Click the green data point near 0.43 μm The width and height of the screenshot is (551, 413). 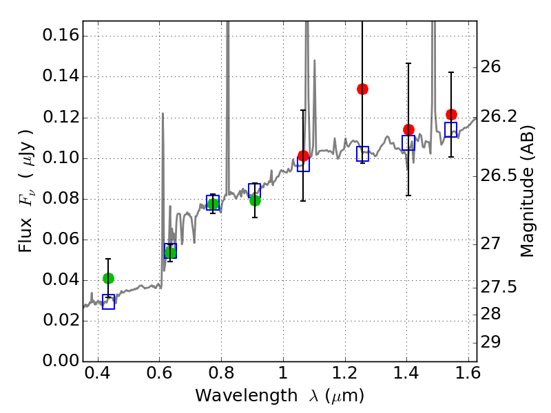108,278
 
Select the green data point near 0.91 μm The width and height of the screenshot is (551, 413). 255,200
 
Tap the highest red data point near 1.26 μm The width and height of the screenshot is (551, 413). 362,89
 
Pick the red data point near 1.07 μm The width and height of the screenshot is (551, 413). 303,156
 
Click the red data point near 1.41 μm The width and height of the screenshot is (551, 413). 408,129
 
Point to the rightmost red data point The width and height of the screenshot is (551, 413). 451,114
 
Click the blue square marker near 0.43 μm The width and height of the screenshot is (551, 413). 108,301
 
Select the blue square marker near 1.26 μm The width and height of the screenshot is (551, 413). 363,154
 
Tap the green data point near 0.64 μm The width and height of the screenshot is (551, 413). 170,253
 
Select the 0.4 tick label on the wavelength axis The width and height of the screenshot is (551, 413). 98,377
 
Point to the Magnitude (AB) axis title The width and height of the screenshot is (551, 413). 528,191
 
